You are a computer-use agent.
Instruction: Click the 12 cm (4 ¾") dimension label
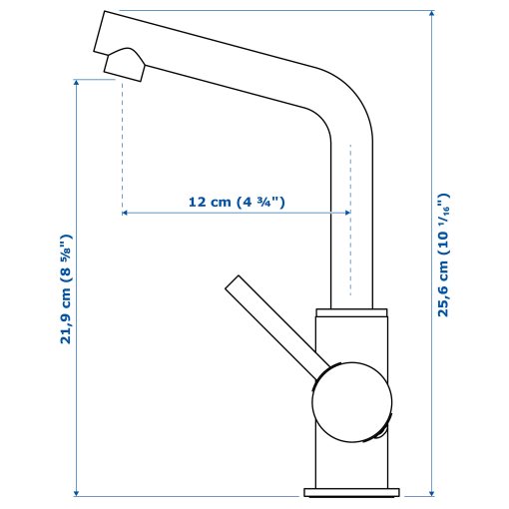[237, 202]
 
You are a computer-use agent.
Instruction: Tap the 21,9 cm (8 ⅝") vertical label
[66, 289]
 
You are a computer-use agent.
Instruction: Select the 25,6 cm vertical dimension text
[444, 254]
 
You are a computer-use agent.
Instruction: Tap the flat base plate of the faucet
[353, 491]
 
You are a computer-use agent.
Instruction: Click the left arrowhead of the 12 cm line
[126, 213]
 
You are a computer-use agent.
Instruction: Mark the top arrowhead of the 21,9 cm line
[76, 84]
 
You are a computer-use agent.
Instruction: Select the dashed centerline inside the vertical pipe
[350, 220]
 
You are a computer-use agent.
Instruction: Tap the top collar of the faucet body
[351, 315]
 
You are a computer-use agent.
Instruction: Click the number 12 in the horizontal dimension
[197, 202]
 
